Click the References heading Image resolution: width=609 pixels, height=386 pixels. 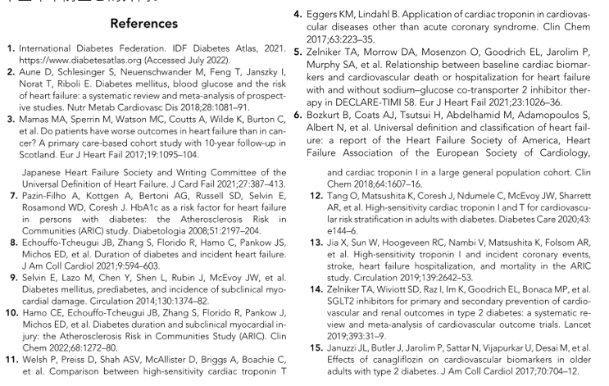point(144,25)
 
